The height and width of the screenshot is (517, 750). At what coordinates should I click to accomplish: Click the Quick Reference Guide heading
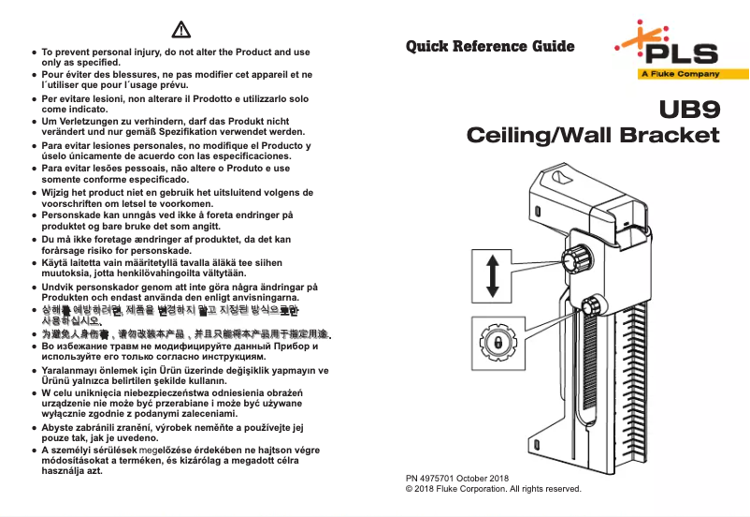tap(490, 46)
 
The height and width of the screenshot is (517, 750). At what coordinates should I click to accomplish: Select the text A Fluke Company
tap(679, 74)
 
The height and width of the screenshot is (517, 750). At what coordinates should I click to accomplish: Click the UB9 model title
tap(689, 111)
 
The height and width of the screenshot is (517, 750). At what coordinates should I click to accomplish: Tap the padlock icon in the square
tap(493, 344)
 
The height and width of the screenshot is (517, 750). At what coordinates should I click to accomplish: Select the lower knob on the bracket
tap(592, 307)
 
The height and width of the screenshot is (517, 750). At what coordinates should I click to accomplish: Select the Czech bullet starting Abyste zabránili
tap(173, 433)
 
